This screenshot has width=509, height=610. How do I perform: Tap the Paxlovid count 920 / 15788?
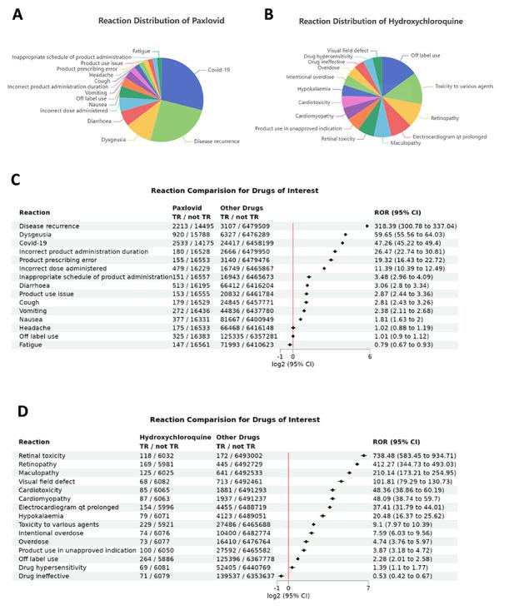pyautogui.click(x=191, y=235)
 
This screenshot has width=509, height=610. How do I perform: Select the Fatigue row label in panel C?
pyautogui.click(x=29, y=344)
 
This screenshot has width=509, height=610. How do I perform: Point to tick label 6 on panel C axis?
pyautogui.click(x=369, y=356)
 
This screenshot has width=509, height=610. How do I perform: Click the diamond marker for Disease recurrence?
pyautogui.click(x=367, y=226)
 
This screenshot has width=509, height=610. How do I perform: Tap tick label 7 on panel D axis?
pyautogui.click(x=367, y=587)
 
